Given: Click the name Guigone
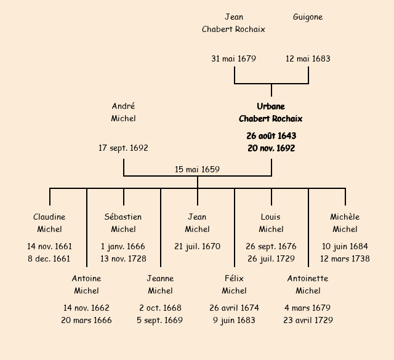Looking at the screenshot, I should [308, 17].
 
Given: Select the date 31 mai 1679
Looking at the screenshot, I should [234, 59].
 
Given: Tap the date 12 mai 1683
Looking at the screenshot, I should [308, 59].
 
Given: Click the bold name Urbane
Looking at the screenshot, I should [271, 106].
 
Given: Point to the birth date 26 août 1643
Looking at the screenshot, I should [271, 136].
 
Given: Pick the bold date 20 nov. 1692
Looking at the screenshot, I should [271, 148].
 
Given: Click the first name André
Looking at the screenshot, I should [123, 106].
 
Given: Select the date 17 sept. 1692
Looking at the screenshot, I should [123, 148].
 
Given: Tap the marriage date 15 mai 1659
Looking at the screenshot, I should [197, 169].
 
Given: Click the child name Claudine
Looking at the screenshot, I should [49, 217].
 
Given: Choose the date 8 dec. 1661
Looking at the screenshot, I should [49, 259].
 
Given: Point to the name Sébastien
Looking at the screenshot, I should [123, 217].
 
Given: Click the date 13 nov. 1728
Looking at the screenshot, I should [123, 259].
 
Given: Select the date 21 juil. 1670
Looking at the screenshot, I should [197, 247].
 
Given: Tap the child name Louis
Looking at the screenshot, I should [271, 217].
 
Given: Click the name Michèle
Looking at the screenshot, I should [345, 217].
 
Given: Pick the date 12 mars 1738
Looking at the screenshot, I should [345, 259].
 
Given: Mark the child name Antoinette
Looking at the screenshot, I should [308, 279].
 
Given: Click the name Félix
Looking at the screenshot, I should [234, 279].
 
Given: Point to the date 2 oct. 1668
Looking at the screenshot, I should [160, 308].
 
